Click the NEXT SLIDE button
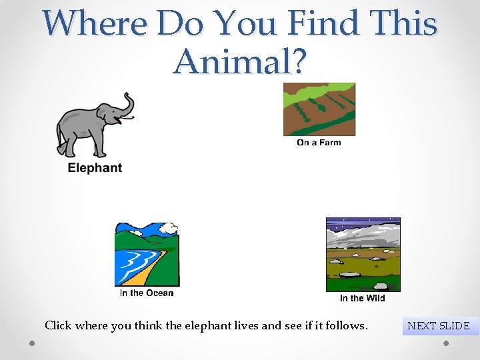[439, 326]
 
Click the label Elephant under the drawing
[95, 168]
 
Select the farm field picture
[319, 109]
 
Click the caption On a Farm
[319, 143]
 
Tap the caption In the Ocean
[147, 293]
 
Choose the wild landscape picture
[363, 254]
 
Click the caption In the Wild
[363, 298]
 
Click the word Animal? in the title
[240, 61]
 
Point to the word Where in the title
[95, 24]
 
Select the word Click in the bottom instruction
[58, 326]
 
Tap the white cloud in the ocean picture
[169, 229]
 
